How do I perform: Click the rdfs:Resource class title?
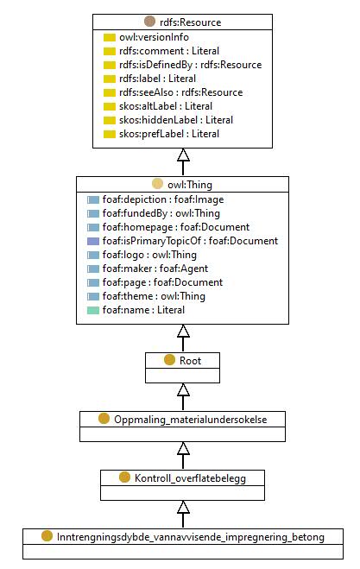pyautogui.click(x=190, y=22)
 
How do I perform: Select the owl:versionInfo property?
pyautogui.click(x=154, y=37)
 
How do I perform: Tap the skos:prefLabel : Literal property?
pyautogui.click(x=169, y=134)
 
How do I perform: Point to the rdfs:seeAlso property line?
pyautogui.click(x=180, y=92)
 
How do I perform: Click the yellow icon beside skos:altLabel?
pyautogui.click(x=110, y=107)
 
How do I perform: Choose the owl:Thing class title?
pyautogui.click(x=190, y=185)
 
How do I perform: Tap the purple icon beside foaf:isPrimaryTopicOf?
pyautogui.click(x=93, y=241)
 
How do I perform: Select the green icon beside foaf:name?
pyautogui.click(x=93, y=310)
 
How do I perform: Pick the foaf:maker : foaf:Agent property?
pyautogui.click(x=155, y=269)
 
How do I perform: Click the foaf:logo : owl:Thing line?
pyautogui.click(x=149, y=255)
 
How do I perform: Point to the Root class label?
pyautogui.click(x=190, y=361)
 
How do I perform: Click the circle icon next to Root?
pyautogui.click(x=169, y=360)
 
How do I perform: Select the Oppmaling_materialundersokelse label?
pyautogui.click(x=191, y=420)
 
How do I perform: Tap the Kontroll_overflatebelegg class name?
pyautogui.click(x=190, y=478)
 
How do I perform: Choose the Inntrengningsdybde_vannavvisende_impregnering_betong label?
pyautogui.click(x=191, y=537)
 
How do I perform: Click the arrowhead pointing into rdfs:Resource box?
pyautogui.click(x=183, y=155)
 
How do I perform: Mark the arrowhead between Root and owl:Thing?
pyautogui.click(x=183, y=331)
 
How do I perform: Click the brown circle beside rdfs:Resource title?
pyautogui.click(x=149, y=22)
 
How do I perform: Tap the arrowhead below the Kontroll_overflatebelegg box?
pyautogui.click(x=183, y=508)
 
